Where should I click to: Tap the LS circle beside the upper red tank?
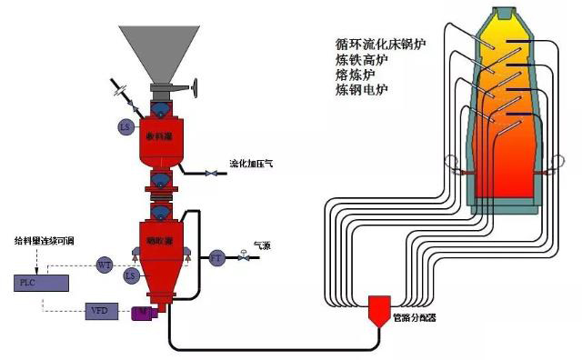(x=125, y=126)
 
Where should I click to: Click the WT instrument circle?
(x=105, y=265)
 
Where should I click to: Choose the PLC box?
(x=40, y=282)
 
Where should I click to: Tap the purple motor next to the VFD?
(x=142, y=313)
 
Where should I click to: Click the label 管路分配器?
(x=414, y=319)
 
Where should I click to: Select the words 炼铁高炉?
(x=362, y=59)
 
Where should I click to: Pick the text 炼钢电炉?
(x=362, y=90)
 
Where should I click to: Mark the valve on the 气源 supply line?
(x=243, y=258)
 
